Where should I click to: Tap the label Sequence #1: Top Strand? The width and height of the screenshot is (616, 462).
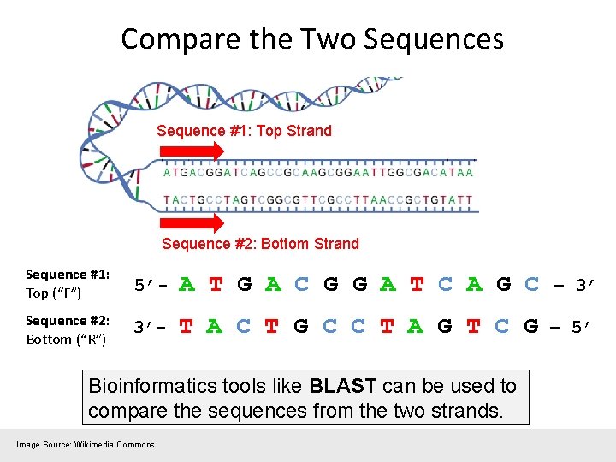(x=244, y=131)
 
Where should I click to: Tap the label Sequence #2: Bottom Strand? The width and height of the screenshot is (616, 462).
(x=260, y=244)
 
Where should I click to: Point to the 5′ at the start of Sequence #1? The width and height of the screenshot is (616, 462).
(x=144, y=286)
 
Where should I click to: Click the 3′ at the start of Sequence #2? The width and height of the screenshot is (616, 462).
(x=144, y=328)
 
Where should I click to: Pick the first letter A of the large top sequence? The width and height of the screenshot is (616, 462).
(x=187, y=284)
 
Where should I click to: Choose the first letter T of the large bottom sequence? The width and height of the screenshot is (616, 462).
(x=186, y=327)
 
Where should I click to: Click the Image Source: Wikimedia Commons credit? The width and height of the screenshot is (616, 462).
(x=86, y=444)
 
